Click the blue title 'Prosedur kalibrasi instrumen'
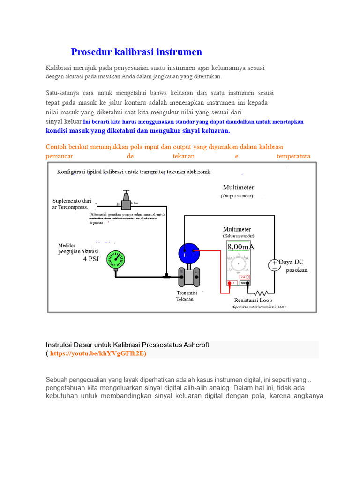(136, 52)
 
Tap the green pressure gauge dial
(115, 259)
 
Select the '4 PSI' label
(91, 259)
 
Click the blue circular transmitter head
(189, 254)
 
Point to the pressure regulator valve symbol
(126, 201)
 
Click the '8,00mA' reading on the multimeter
(241, 247)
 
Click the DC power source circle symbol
(274, 265)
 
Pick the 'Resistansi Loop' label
(253, 300)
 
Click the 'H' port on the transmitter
(182, 272)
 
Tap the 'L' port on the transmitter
(197, 272)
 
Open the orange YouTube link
(98, 353)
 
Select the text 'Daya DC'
(293, 262)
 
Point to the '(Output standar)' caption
(237, 196)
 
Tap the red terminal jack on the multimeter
(231, 283)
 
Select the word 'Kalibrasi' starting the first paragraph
(61, 68)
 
